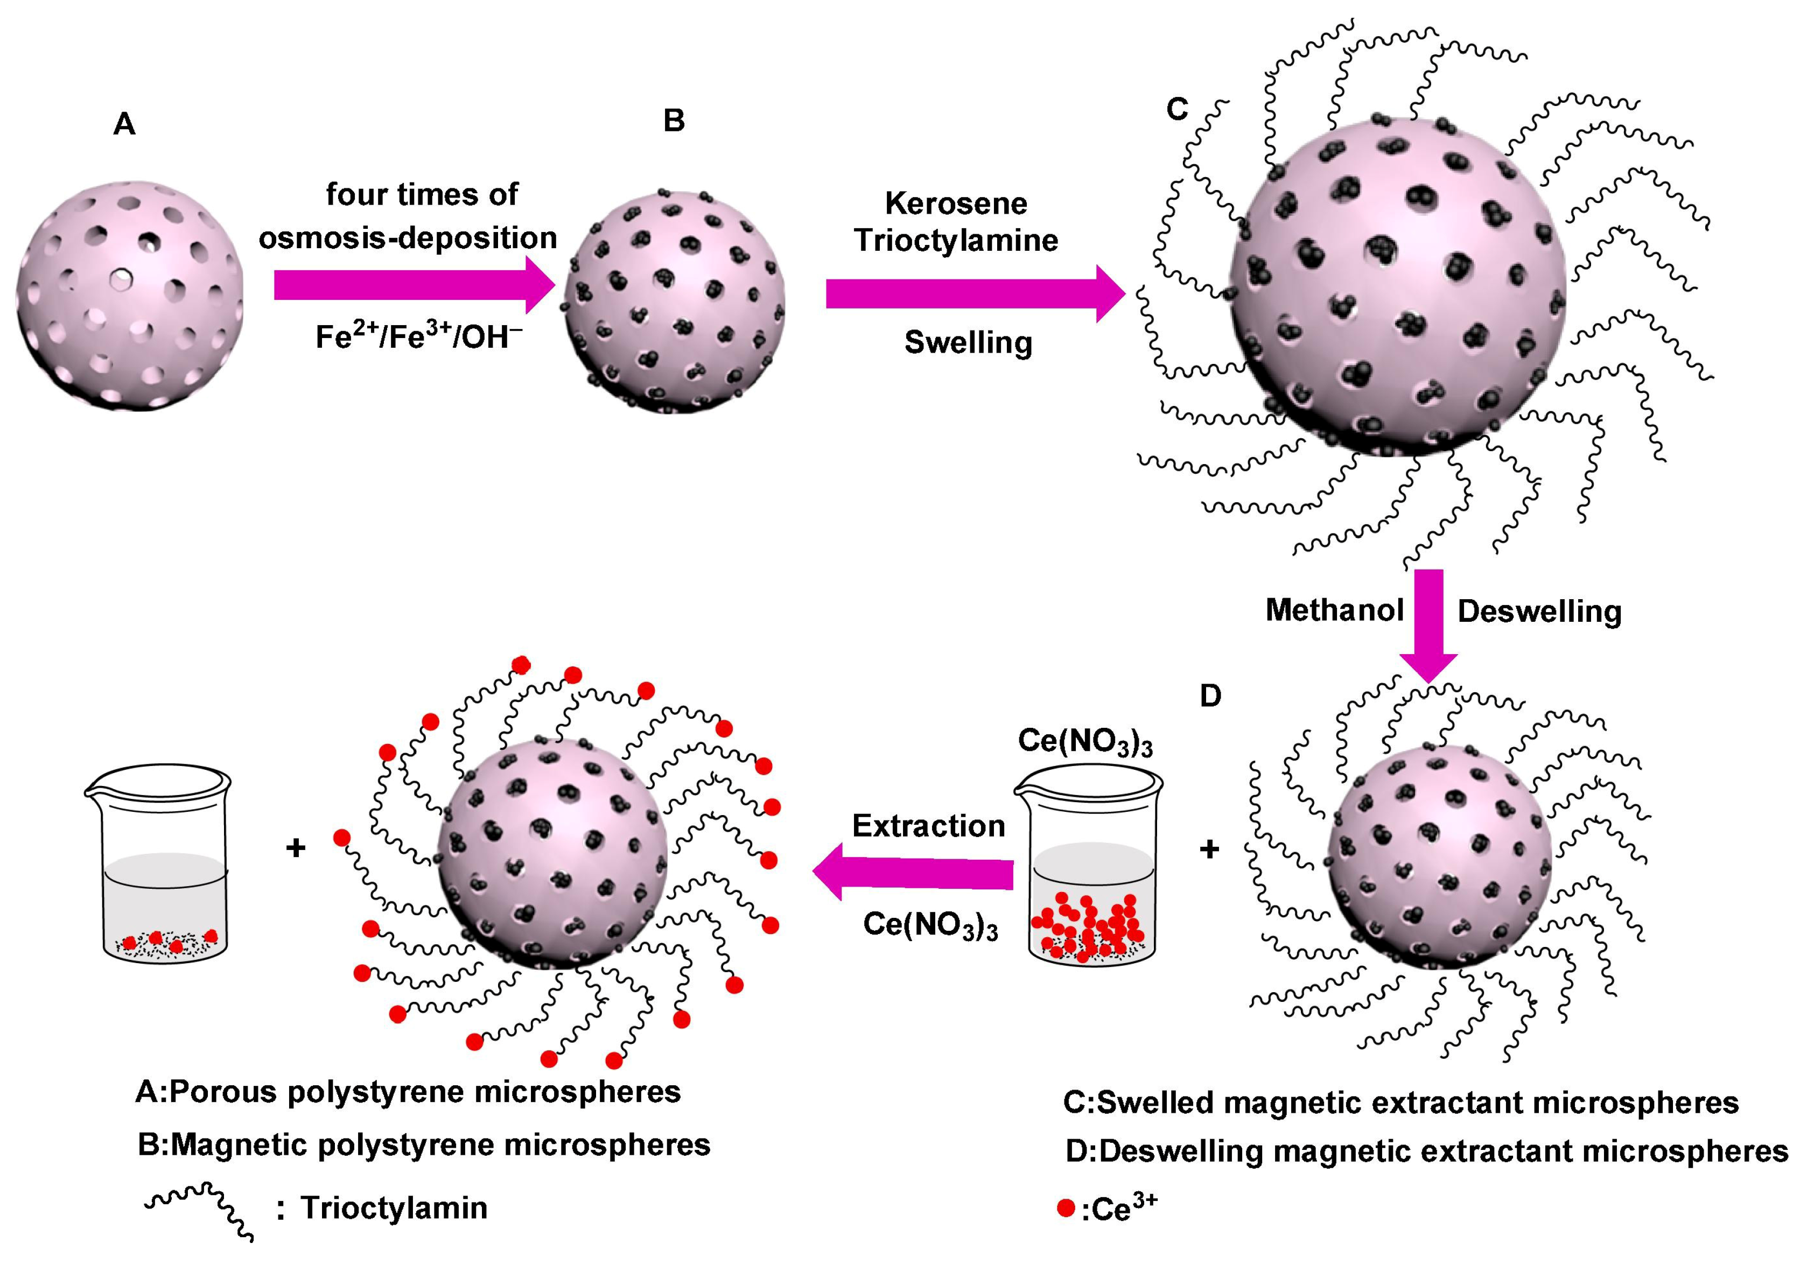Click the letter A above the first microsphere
click(x=124, y=124)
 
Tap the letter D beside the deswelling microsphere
click(x=1210, y=696)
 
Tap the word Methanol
click(x=1335, y=610)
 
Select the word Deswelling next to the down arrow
click(x=1539, y=612)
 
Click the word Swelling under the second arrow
click(x=968, y=342)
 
